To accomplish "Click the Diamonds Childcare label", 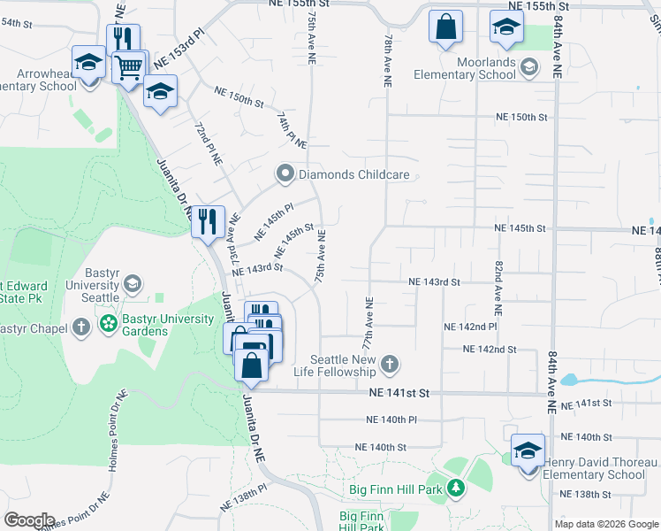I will coord(353,174).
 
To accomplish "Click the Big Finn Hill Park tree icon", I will coord(455,488).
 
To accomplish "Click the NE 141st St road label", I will coord(399,392).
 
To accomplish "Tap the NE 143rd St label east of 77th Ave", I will coord(435,282).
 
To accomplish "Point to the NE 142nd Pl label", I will coord(470,327).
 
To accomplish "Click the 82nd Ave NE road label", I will coord(498,289).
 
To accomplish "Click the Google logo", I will coord(30,520).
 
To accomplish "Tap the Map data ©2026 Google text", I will coord(605,524).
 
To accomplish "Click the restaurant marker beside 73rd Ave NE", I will coord(208,220).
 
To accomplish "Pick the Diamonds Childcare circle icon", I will coord(285,174).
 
